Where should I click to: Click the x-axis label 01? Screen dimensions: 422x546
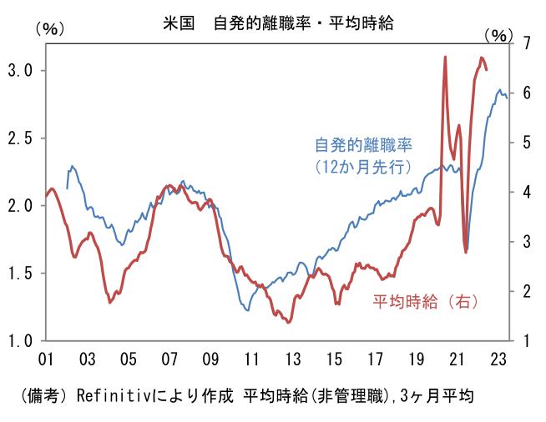point(46,359)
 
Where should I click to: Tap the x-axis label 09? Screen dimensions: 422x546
point(210,359)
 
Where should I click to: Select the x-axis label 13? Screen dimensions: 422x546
point(293,359)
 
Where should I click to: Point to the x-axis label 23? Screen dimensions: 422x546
point(498,359)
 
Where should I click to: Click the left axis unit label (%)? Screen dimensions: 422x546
point(49,28)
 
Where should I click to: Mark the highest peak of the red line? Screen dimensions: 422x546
point(445,57)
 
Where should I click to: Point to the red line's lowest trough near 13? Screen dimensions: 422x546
point(289,322)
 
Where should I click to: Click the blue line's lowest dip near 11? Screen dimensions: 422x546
point(247,310)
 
